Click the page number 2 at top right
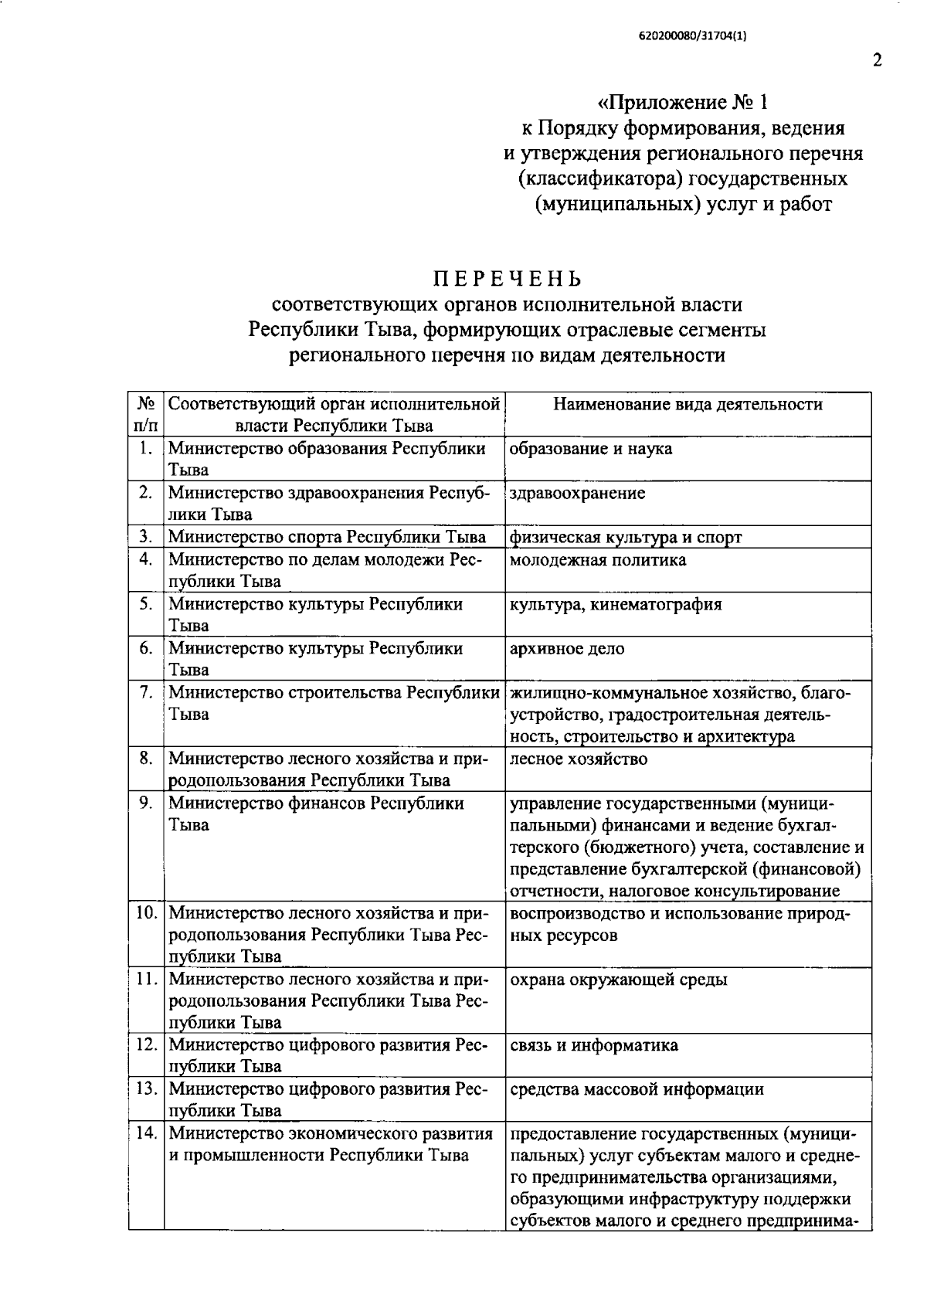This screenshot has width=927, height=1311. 877,60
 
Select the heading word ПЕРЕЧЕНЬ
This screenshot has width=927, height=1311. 507,277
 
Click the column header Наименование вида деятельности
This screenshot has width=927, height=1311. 688,404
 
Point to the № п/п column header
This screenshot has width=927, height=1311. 146,415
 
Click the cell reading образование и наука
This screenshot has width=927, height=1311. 591,449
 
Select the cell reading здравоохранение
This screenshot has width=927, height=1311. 577,493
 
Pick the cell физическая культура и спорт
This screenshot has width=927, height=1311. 625,537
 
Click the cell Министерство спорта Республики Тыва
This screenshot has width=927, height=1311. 327,537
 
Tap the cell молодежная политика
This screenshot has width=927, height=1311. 597,559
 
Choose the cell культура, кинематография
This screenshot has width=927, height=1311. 616,604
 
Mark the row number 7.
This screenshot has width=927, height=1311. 146,692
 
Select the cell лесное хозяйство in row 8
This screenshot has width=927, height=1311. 579,759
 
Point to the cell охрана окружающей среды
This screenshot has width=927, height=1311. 618,980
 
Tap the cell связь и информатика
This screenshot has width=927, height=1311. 593,1045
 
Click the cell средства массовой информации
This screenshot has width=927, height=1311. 637,1089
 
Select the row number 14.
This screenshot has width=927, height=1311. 146,1133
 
